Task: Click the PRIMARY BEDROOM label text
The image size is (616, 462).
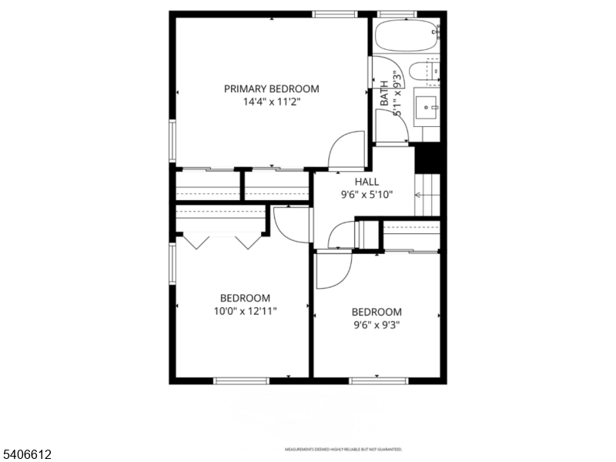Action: click(271, 89)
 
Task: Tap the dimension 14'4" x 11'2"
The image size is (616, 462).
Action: click(271, 101)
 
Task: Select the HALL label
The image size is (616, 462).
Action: click(367, 182)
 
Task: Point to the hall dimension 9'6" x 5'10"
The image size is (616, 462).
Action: click(367, 195)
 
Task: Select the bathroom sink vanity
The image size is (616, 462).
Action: click(427, 107)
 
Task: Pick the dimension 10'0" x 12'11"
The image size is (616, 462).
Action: click(246, 311)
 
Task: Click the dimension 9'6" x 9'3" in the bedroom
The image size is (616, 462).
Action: click(377, 324)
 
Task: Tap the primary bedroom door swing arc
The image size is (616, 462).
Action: click(346, 149)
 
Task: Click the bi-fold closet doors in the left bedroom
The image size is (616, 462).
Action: click(223, 242)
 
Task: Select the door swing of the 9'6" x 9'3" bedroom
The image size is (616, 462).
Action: click(333, 269)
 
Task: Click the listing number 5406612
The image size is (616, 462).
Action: click(26, 455)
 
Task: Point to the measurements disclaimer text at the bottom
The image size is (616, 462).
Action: click(343, 449)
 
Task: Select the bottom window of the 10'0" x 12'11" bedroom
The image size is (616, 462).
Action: click(241, 380)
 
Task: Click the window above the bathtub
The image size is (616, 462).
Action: click(397, 13)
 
